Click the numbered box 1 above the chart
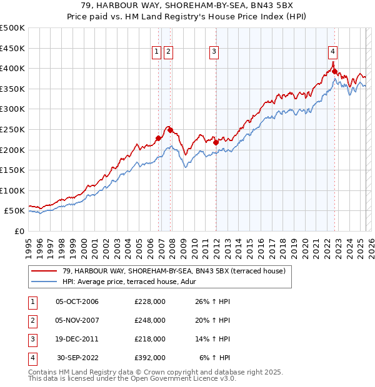tap(156, 52)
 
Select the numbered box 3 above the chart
tap(214, 52)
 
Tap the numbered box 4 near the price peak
tap(333, 52)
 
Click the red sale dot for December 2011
tap(216, 142)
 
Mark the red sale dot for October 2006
tap(158, 139)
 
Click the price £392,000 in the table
tap(150, 358)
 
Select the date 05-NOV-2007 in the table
tap(77, 320)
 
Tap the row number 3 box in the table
tap(31, 339)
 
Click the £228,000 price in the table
tap(150, 301)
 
